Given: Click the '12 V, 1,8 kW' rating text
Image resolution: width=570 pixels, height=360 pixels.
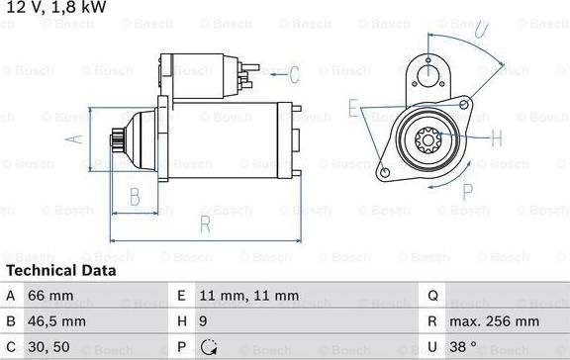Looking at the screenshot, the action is pos(56,7).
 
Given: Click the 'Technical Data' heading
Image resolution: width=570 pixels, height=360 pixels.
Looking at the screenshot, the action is pos(61,271).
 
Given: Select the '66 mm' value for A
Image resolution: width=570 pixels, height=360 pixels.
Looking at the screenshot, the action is pos(50,296).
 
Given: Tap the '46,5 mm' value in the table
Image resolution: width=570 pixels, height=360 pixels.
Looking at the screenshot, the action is pos(56,321).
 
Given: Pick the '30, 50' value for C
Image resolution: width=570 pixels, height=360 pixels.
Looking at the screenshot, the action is pos(48,347).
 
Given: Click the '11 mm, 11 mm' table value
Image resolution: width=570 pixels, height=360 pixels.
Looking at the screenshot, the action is pos(249,296).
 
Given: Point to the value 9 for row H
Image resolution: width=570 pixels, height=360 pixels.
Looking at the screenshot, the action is pos(203,321).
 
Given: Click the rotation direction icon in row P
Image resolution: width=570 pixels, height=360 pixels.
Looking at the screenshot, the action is pos(209,347).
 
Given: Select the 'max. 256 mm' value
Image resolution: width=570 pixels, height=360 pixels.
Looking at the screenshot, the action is pos(495,321).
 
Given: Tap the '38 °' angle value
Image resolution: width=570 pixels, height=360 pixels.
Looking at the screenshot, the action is pos(463,347).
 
